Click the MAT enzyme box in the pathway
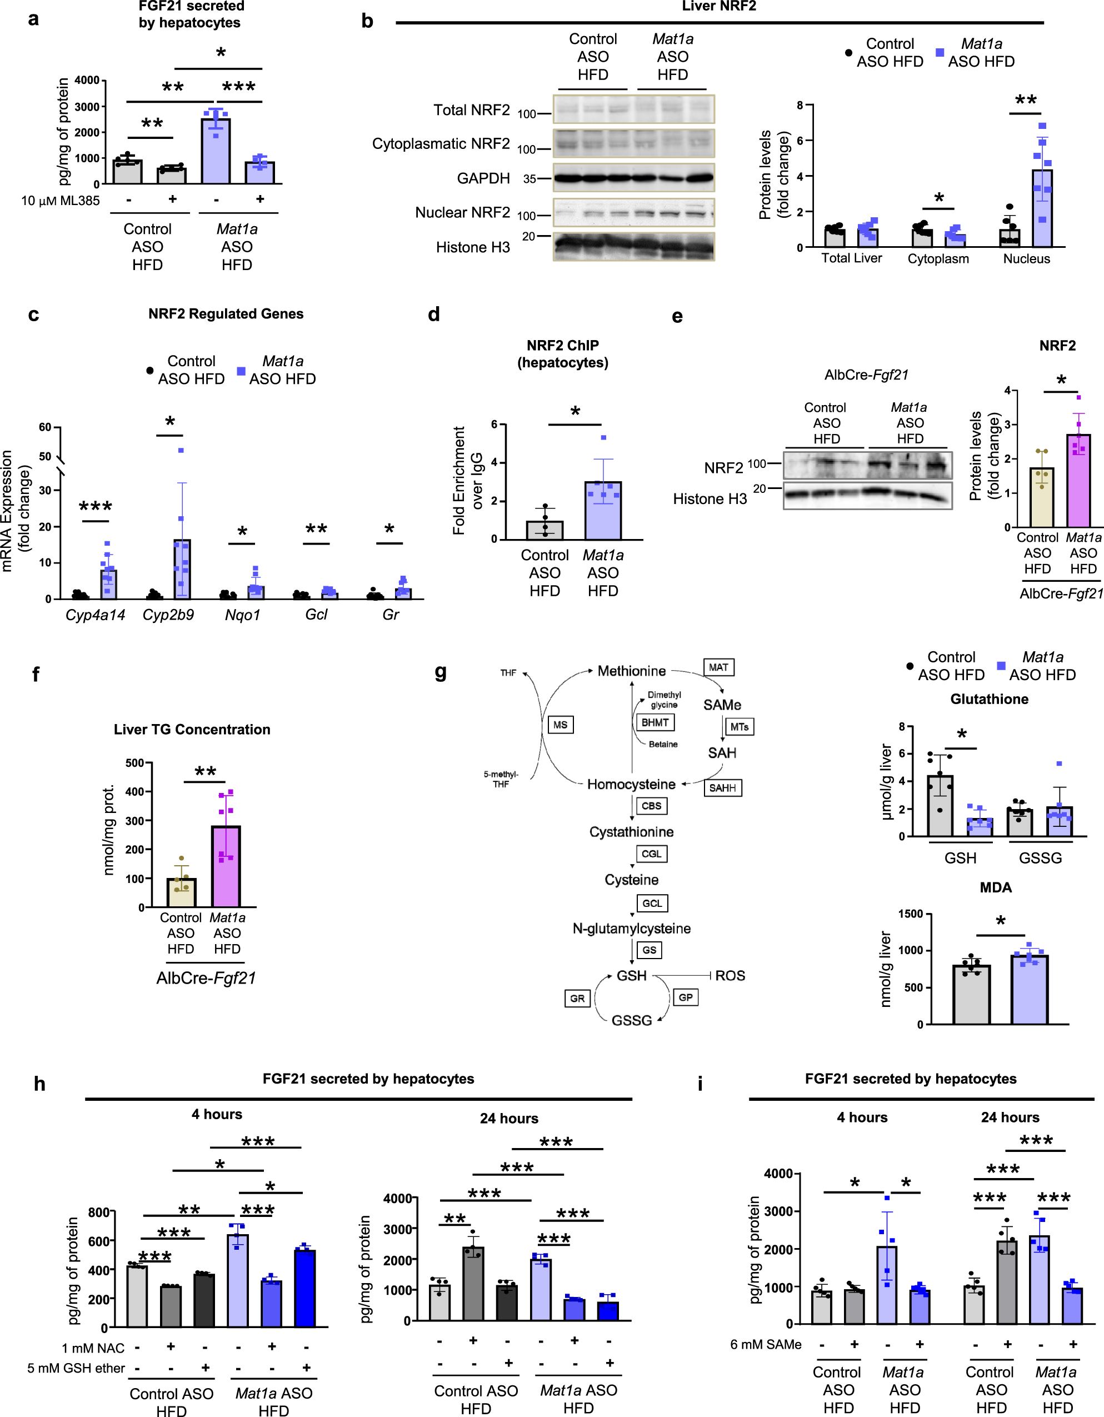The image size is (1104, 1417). coord(718,667)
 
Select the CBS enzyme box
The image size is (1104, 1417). coord(651,806)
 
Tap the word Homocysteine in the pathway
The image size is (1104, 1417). coord(631,785)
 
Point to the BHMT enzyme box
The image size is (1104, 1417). coord(655,723)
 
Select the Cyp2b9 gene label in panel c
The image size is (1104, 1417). coord(168,615)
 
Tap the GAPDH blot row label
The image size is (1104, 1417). coord(483,178)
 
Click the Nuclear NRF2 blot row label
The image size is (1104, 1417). coord(462,213)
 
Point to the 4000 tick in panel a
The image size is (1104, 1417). coord(87,81)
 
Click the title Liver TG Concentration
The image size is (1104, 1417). coord(192,729)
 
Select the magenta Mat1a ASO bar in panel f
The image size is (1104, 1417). coord(226,866)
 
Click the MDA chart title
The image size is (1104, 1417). coord(995,887)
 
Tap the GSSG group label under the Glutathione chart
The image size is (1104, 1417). coord(1040,858)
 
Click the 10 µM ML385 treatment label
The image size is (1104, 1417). coord(61,201)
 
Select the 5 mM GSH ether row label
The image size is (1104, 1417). coord(76,1368)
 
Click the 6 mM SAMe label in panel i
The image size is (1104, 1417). coord(766,1344)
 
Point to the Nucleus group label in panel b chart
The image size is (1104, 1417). coord(1026,259)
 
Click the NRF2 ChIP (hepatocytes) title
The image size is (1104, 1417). coord(562,353)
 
